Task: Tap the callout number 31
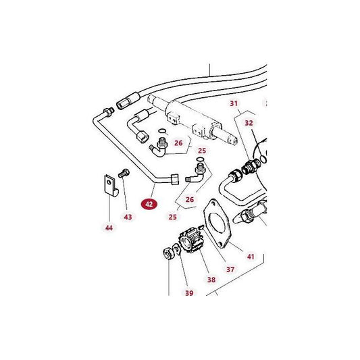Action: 234,103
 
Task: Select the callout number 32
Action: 249,123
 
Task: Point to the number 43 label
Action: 128,216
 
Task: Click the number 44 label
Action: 108,228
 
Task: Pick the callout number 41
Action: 250,257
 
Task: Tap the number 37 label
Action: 230,269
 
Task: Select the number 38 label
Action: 211,279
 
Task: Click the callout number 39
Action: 189,293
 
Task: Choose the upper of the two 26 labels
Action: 179,143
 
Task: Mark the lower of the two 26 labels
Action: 189,199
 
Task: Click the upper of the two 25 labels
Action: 201,150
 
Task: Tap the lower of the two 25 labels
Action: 172,217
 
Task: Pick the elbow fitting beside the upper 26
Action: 161,145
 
